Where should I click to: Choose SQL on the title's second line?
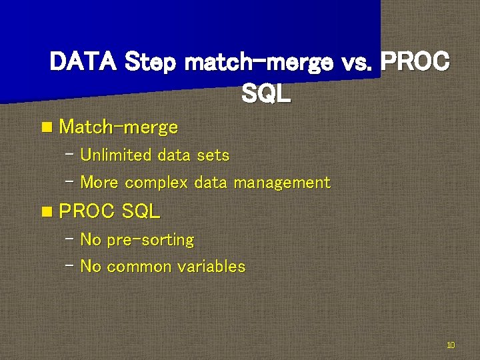coord(266,94)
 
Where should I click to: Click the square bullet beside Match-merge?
coord(45,127)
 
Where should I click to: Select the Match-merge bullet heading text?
coord(119,127)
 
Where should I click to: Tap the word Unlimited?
coord(116,155)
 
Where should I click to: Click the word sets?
coord(213,155)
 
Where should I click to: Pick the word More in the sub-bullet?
coord(100,183)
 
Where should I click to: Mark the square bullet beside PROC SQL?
coord(45,212)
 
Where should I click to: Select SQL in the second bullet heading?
coord(141,212)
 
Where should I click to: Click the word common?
coord(139,267)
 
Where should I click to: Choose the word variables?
coord(211,267)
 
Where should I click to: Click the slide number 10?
coord(451,345)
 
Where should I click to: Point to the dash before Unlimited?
coord(70,154)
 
